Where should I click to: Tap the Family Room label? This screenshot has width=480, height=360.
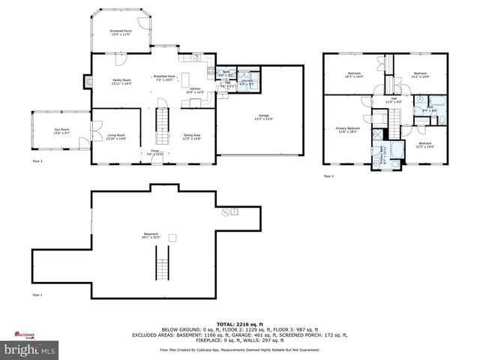102,81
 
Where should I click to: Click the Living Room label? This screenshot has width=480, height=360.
116,137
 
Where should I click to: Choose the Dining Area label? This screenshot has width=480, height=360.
192,137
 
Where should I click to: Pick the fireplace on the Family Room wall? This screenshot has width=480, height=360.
91,83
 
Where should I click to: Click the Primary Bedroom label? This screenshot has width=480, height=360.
346,130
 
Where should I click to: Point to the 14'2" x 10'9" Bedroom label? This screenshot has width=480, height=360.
420,75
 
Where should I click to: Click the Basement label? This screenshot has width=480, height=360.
151,236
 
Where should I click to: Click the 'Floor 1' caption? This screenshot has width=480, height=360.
37,295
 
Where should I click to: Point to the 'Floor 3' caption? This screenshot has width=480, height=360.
328,176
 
